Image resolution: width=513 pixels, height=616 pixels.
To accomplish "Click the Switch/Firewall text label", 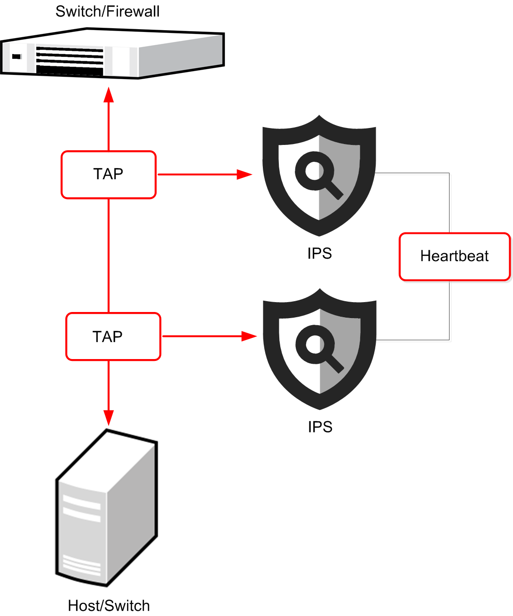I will [107, 11].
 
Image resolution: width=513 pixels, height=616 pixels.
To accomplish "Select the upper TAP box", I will [108, 175].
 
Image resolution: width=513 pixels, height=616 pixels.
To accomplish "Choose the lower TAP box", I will [113, 336].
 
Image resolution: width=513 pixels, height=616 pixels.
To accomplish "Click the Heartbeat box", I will [454, 256].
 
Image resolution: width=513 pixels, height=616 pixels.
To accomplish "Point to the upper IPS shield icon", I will [319, 175].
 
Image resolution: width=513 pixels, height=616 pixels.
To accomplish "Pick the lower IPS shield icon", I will [320, 349].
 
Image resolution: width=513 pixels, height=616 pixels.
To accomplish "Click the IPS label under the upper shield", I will [319, 253].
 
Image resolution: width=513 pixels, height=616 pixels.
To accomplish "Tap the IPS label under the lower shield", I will [320, 427].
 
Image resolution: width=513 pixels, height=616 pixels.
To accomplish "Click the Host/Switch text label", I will [109, 606].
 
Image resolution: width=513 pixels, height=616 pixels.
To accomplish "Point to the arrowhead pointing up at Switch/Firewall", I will [109, 95].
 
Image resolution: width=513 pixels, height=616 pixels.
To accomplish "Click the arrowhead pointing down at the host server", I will [109, 417].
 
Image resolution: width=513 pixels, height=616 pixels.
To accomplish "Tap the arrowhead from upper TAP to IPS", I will [244, 175].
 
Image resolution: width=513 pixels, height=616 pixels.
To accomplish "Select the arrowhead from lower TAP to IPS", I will [249, 336].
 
